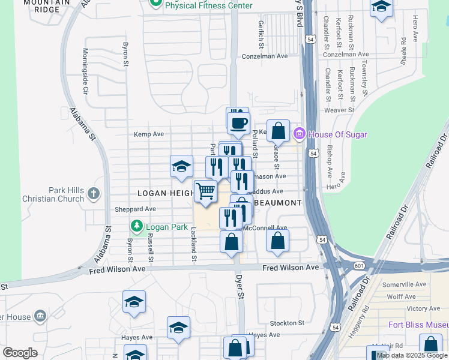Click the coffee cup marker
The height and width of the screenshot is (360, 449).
(x=239, y=123)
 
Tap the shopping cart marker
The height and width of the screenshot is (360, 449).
(x=206, y=191)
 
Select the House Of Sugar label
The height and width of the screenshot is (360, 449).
(x=337, y=134)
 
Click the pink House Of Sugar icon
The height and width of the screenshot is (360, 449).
(x=300, y=134)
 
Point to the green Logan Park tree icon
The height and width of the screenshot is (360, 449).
(x=137, y=226)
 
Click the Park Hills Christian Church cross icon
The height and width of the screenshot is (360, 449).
(x=93, y=193)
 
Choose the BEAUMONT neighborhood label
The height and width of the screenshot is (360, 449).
(x=277, y=203)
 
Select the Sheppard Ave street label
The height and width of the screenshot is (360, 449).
(x=136, y=209)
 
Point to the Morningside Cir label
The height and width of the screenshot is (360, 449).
(x=86, y=71)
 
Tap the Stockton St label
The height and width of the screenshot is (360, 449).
(x=288, y=323)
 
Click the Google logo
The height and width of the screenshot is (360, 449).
(x=20, y=353)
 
